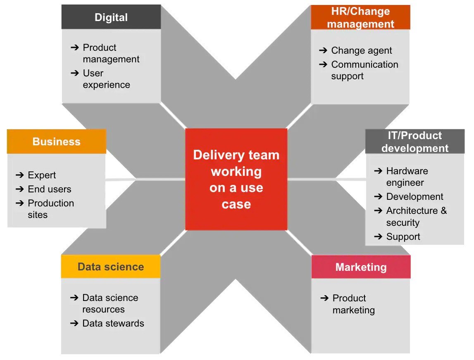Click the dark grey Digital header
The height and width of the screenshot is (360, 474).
coord(111,17)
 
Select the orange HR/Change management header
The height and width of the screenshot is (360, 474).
coord(360,17)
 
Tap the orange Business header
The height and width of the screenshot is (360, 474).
coord(56,142)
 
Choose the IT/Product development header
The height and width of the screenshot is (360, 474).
coord(415,142)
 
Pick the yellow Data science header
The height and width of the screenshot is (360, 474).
coord(110,267)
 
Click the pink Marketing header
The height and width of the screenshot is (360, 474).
coord(361,267)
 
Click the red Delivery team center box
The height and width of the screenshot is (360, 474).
coord(236,179)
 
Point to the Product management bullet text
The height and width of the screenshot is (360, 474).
coord(111,53)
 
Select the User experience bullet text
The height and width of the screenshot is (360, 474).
coord(106,79)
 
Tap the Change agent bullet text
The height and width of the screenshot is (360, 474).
coord(362,51)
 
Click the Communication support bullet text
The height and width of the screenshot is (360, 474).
coord(364,70)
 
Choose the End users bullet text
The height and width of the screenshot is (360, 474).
coord(50,189)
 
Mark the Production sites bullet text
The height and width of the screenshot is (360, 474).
coord(50,209)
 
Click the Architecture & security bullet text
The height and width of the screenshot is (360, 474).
coord(416,216)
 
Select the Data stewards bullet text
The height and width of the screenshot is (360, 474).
coord(113,323)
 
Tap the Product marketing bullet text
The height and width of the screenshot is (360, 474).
coord(353,304)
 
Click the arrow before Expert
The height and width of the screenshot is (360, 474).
coord(19,175)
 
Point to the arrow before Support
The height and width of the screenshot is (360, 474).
coord(378,237)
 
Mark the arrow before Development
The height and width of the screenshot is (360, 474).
coord(378,197)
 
